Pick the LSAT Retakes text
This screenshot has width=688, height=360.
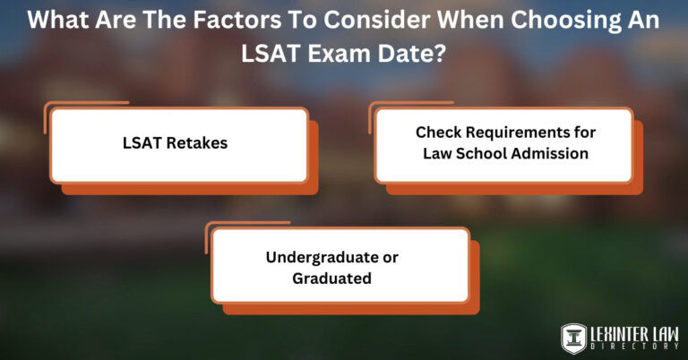pyautogui.click(x=176, y=142)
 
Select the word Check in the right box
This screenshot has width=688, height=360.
pyautogui.click(x=436, y=133)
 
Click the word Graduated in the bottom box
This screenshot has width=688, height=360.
pyautogui.click(x=331, y=278)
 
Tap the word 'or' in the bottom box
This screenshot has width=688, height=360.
pyautogui.click(x=390, y=257)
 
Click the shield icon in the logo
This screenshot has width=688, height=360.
pyautogui.click(x=573, y=338)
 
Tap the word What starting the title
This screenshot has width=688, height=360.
pyautogui.click(x=59, y=21)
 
